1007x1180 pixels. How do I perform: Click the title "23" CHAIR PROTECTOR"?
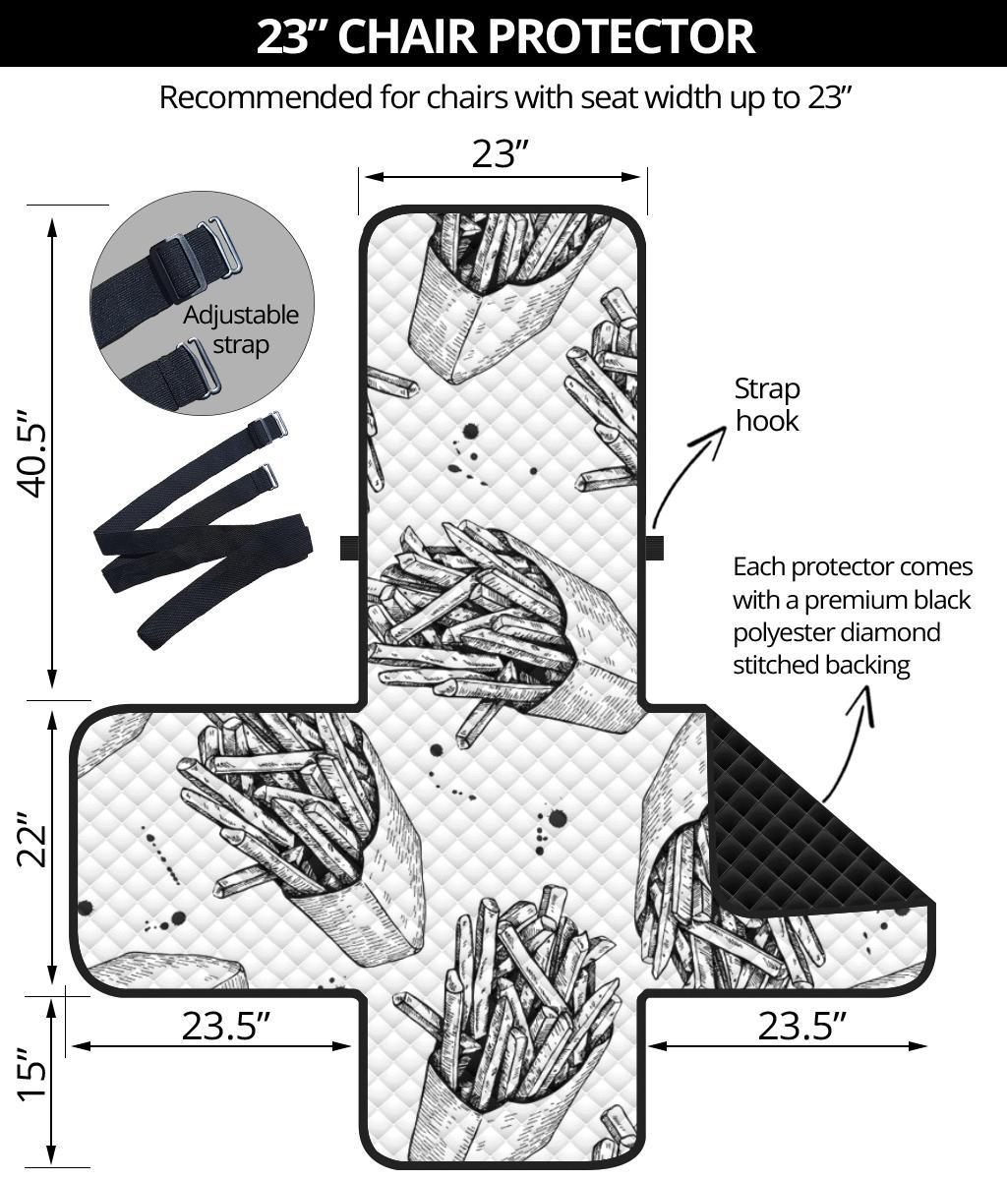(503, 34)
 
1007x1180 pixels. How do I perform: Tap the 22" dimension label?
(35, 842)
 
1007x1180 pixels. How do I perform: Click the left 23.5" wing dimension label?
(225, 1026)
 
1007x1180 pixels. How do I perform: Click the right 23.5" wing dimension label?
(801, 1026)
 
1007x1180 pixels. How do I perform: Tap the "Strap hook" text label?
(767, 404)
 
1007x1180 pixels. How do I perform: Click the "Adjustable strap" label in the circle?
(240, 329)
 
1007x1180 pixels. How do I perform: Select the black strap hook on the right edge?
(654, 548)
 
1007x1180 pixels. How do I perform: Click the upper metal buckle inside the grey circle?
(222, 246)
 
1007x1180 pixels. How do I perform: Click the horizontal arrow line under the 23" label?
(502, 177)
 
